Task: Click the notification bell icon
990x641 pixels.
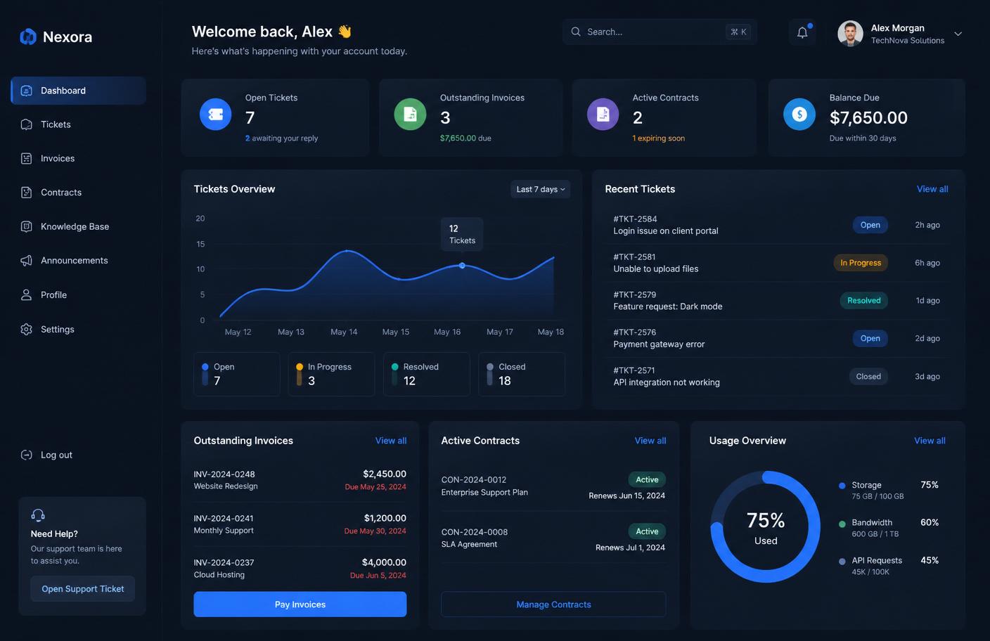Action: [802, 32]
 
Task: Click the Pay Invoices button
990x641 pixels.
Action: [300, 604]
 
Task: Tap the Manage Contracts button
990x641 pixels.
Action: [553, 604]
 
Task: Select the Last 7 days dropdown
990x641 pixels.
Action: [540, 189]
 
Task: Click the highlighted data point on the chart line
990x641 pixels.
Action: [462, 266]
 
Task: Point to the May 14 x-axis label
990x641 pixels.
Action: [344, 332]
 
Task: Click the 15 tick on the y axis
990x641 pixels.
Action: [200, 244]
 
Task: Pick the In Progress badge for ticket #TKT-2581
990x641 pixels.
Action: [861, 263]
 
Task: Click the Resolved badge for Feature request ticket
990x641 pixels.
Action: [863, 300]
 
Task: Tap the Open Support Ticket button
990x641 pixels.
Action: [83, 588]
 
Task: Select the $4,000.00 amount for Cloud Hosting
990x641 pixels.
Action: [384, 562]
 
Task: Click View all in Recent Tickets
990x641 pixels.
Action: [932, 189]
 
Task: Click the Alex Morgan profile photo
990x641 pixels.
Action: [850, 34]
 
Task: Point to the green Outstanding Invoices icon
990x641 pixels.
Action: [410, 114]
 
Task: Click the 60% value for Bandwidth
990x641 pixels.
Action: [929, 522]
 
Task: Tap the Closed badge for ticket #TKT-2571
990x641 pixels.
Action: [868, 377]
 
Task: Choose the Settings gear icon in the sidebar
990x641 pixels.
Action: [26, 329]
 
